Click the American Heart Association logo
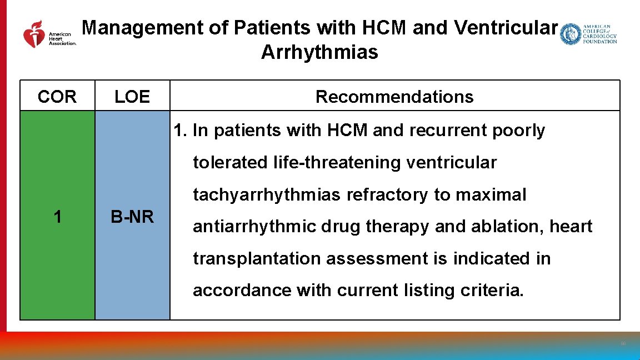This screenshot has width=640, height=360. coord(49,34)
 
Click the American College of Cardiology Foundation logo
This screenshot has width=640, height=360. coord(588,34)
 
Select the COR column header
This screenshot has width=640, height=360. coord(57,97)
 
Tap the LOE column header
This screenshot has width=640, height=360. coord(132,97)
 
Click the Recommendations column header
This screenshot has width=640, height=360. coord(394,97)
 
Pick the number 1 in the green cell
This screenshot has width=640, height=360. coord(57,217)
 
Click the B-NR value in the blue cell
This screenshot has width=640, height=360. coord(132,217)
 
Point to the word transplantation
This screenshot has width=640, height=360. coord(257,259)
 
